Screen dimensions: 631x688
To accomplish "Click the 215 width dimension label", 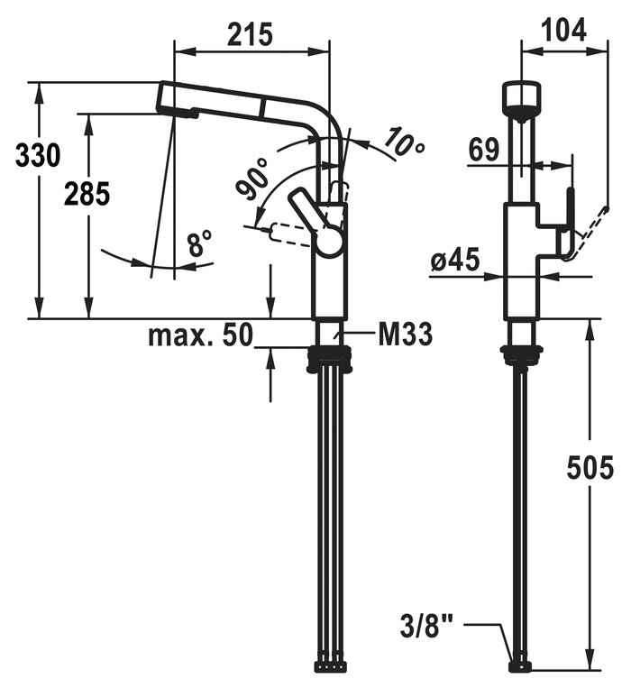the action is (250, 34).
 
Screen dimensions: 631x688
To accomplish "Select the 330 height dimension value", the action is (38, 155).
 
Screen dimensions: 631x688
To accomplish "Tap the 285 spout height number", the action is (87, 194).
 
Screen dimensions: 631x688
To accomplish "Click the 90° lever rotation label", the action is (253, 179).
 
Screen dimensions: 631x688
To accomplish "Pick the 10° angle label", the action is (405, 142).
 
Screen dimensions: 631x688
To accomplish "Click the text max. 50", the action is (201, 335).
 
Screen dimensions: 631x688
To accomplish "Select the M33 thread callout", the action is (405, 335).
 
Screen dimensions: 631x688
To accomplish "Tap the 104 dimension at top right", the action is (563, 31).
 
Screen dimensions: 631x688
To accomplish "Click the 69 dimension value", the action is (484, 149).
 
